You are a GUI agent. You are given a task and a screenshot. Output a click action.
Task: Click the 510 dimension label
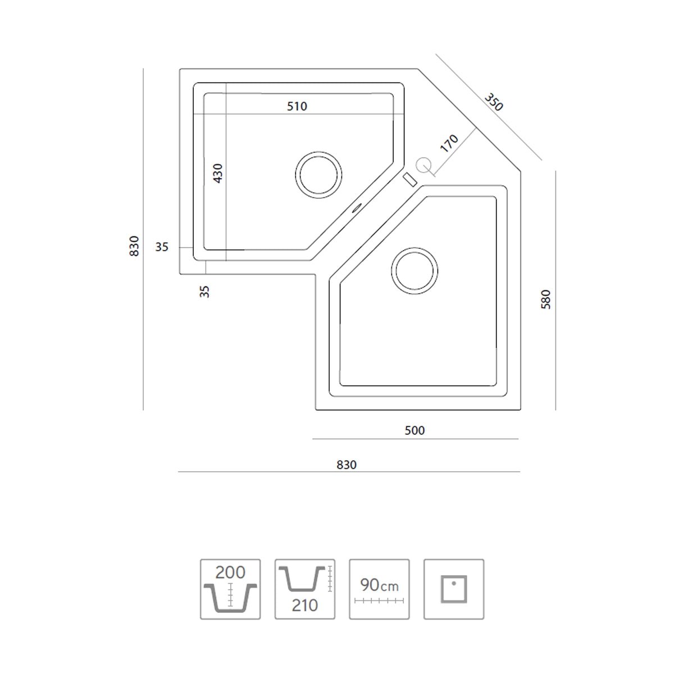(x=297, y=106)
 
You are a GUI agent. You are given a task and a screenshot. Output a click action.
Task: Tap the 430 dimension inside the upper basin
(x=217, y=173)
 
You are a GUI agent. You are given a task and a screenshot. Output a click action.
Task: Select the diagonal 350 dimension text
(x=494, y=102)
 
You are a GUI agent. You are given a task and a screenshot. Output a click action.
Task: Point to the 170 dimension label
(x=449, y=143)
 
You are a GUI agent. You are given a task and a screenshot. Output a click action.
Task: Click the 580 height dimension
(x=545, y=299)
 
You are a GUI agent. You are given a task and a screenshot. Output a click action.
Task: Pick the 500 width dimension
(x=415, y=430)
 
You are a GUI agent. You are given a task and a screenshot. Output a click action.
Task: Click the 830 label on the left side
(x=134, y=246)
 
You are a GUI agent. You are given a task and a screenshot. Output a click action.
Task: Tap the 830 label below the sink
(x=347, y=465)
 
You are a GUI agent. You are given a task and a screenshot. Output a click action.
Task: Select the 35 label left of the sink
(x=162, y=247)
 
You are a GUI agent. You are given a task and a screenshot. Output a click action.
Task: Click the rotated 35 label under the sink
(x=204, y=292)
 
